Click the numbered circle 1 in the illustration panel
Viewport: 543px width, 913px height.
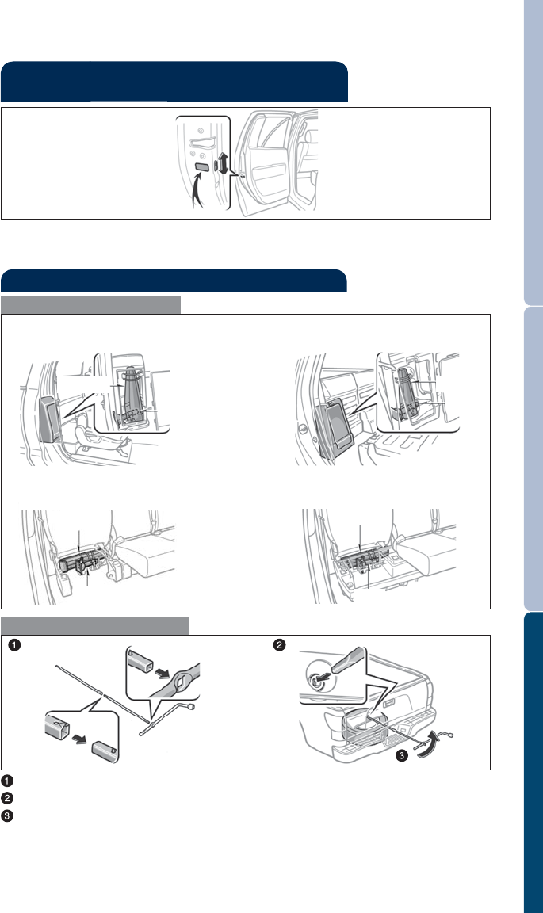click(14, 645)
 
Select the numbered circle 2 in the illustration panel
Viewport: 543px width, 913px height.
click(281, 645)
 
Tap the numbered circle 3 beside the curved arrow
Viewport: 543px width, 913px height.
click(403, 756)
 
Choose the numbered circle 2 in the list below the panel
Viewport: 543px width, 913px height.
click(6, 798)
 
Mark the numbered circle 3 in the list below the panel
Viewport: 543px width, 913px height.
click(6, 816)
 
